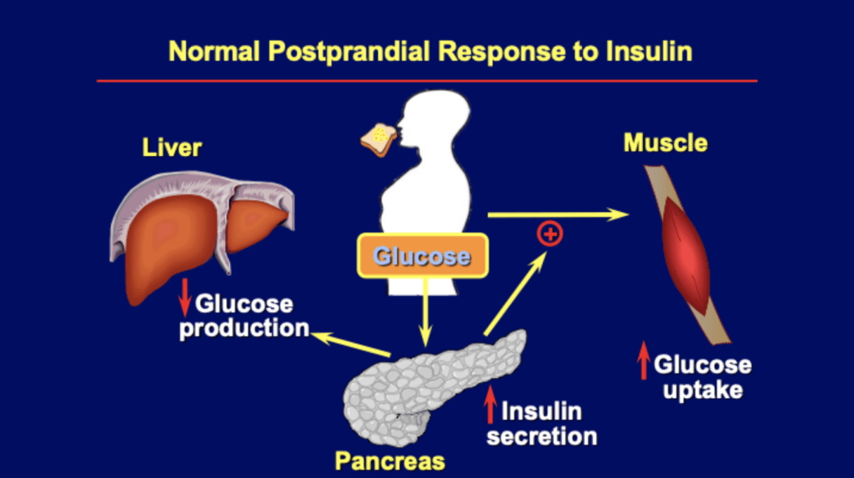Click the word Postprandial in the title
[346, 52]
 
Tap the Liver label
[172, 148]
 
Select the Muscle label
[665, 143]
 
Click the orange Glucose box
[422, 256]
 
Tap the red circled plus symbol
[550, 234]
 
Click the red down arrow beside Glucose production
[185, 299]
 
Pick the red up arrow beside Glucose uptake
[643, 365]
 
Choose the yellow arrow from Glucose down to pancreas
[426, 312]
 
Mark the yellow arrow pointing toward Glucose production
[350, 344]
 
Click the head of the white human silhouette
[435, 122]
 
